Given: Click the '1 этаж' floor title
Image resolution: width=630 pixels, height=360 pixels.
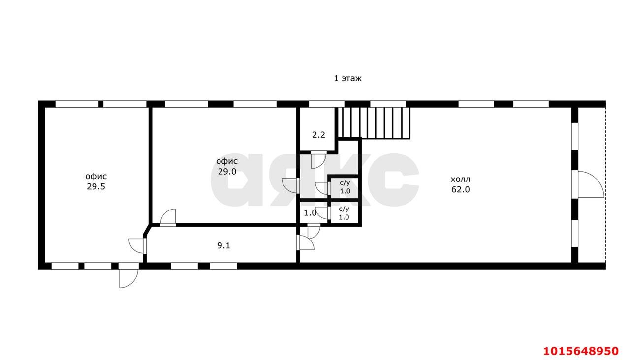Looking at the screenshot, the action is pyautogui.click(x=347, y=78).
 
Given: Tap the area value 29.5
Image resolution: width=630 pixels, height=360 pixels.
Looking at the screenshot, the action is pyautogui.click(x=96, y=186).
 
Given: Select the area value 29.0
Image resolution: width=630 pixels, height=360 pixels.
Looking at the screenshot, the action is pyautogui.click(x=227, y=172).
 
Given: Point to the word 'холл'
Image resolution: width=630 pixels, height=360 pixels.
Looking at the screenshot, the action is pyautogui.click(x=460, y=180).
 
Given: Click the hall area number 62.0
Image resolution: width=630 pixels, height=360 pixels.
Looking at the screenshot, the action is pyautogui.click(x=460, y=190).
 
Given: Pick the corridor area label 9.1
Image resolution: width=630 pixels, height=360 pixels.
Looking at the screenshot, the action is pyautogui.click(x=223, y=246).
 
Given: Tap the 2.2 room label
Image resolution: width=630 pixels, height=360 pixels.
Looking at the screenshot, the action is pyautogui.click(x=318, y=135).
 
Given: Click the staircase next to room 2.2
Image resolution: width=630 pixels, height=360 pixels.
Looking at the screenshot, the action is pyautogui.click(x=374, y=123).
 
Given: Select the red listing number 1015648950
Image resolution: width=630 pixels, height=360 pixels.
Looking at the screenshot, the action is pyautogui.click(x=581, y=351).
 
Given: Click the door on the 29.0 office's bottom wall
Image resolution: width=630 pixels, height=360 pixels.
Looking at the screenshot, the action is pyautogui.click(x=168, y=217).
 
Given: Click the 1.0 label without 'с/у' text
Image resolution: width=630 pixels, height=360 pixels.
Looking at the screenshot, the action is pyautogui.click(x=310, y=213).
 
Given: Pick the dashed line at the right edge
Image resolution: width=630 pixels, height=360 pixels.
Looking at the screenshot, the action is pyautogui.click(x=605, y=185).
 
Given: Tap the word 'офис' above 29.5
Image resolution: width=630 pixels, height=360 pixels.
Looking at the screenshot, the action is pyautogui.click(x=96, y=176).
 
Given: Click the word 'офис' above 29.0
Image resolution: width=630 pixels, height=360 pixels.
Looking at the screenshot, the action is pyautogui.click(x=227, y=161).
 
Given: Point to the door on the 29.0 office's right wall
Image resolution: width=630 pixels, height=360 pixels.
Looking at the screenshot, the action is pyautogui.click(x=290, y=186).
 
